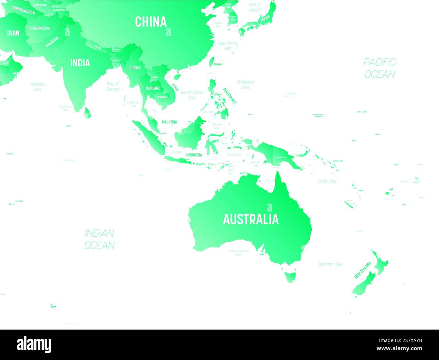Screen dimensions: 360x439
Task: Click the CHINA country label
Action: click(x=151, y=22)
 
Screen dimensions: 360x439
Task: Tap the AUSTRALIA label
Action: click(x=251, y=219)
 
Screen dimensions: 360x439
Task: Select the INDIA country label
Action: click(x=80, y=63)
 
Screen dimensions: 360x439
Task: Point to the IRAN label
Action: click(x=13, y=33)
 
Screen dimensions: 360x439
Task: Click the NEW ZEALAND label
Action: click(x=362, y=270)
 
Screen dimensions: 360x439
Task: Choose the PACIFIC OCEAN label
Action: click(x=380, y=68)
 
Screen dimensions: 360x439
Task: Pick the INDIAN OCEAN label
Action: click(x=99, y=239)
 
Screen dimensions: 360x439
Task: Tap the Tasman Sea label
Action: click(x=331, y=264)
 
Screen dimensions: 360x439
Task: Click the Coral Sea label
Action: click(x=327, y=182)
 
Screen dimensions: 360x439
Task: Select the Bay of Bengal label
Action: click(x=113, y=86)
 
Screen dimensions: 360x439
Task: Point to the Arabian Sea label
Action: click(x=37, y=87)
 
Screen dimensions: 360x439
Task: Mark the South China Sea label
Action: click(x=192, y=95)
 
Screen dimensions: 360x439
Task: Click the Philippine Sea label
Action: click(x=246, y=85)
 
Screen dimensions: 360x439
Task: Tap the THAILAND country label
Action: click(x=153, y=88)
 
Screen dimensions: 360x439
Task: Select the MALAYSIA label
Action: click(x=169, y=122)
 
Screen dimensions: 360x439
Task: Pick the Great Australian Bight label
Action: click(x=238, y=253)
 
